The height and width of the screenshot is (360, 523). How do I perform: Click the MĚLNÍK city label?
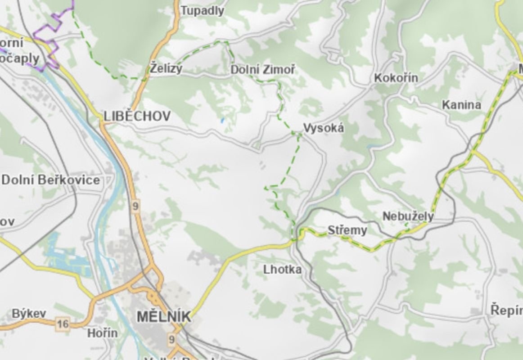pyautogui.click(x=163, y=317)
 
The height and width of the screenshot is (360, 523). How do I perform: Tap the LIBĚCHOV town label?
pyautogui.click(x=137, y=117)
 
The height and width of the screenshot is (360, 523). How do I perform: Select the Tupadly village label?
pyautogui.click(x=202, y=11)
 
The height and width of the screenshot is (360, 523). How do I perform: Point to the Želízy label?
pyautogui.click(x=167, y=69)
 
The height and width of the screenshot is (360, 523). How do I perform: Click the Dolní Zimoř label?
pyautogui.click(x=263, y=70)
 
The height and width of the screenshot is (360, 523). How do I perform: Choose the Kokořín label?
pyautogui.click(x=396, y=78)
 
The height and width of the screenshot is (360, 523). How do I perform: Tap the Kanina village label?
pyautogui.click(x=461, y=105)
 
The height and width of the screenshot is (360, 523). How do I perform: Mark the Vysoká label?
pyautogui.click(x=323, y=128)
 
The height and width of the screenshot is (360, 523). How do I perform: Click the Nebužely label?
pyautogui.click(x=408, y=216)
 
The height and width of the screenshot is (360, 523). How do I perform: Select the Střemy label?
pyautogui.click(x=347, y=231)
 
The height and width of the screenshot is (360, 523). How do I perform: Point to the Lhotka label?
pyautogui.click(x=282, y=270)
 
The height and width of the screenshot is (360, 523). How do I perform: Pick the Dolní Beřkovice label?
pyautogui.click(x=50, y=180)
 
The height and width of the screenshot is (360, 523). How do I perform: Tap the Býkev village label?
pyautogui.click(x=29, y=313)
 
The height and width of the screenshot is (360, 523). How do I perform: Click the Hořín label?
pyautogui.click(x=102, y=333)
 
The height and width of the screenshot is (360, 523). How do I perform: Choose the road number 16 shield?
pyautogui.click(x=63, y=324)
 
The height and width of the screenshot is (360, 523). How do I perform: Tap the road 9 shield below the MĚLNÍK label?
pyautogui.click(x=171, y=340)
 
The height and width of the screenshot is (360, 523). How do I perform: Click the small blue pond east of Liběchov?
pyautogui.click(x=221, y=121)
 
